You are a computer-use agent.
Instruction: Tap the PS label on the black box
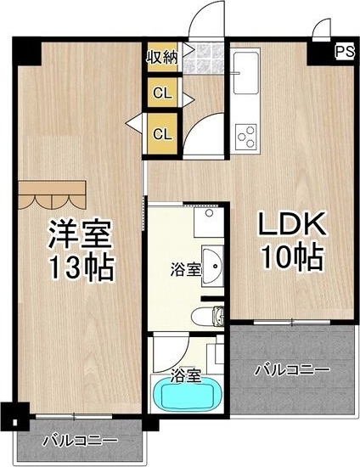tap(343, 51)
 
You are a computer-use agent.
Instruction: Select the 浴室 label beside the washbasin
tap(186, 270)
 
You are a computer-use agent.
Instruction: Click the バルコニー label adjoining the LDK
tap(291, 370)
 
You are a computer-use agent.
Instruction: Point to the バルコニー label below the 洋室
tap(79, 442)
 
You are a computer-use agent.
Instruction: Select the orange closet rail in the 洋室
tap(53, 194)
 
